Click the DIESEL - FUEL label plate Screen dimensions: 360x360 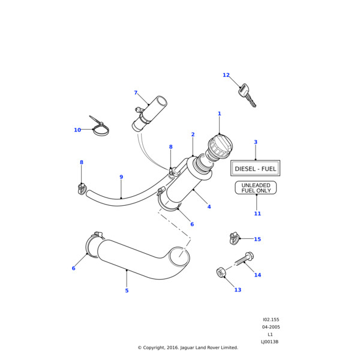pyautogui.click(x=256, y=169)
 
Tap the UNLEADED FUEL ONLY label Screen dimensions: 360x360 pyautogui.click(x=256, y=188)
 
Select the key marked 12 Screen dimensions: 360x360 pyautogui.click(x=247, y=95)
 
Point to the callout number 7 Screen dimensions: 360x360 pyautogui.click(x=136, y=93)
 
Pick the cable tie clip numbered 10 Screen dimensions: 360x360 pyautogui.click(x=100, y=128)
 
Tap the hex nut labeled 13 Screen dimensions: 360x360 pyautogui.click(x=221, y=272)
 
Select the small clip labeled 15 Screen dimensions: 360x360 pyautogui.click(x=235, y=238)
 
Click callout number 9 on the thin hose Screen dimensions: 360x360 pyautogui.click(x=121, y=177)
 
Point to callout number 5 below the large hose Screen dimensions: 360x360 pyautogui.click(x=127, y=291)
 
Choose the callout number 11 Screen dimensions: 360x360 pyautogui.click(x=257, y=214)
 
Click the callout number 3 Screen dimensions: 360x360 pyautogui.click(x=256, y=142)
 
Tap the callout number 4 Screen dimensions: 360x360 pyautogui.click(x=209, y=207)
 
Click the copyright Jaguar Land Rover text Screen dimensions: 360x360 pyautogui.click(x=188, y=347)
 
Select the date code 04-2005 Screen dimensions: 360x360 pyautogui.click(x=271, y=327)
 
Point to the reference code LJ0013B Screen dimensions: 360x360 pyautogui.click(x=269, y=341)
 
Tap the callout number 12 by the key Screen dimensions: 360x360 pyautogui.click(x=226, y=75)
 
